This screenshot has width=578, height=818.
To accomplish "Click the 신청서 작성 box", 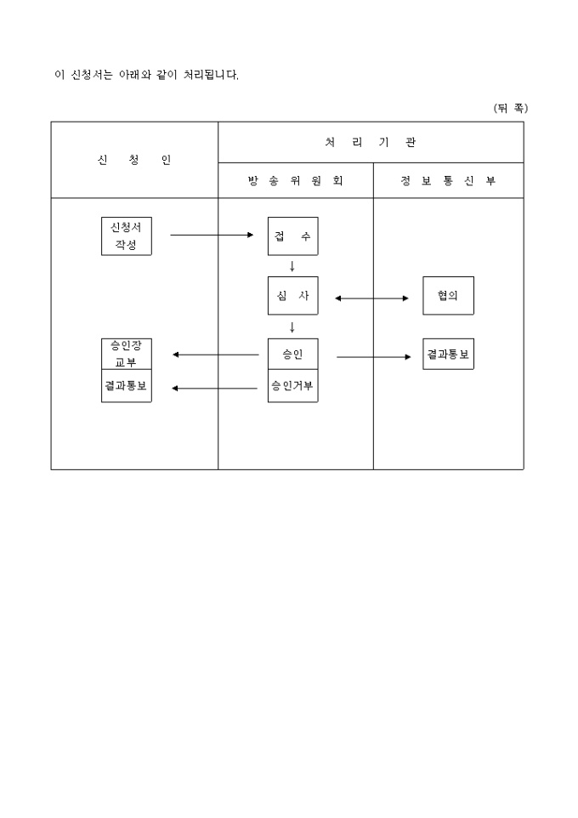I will pyautogui.click(x=126, y=236).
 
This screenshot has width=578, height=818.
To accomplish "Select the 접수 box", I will pyautogui.click(x=292, y=236).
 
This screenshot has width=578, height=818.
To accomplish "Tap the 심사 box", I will pyautogui.click(x=292, y=296).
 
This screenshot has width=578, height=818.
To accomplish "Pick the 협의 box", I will pyautogui.click(x=448, y=296).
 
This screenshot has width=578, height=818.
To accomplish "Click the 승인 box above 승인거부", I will pyautogui.click(x=292, y=355).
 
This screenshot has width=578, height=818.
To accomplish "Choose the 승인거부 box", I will pyautogui.click(x=292, y=386).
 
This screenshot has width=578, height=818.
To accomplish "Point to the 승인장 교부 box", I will pyautogui.click(x=126, y=354).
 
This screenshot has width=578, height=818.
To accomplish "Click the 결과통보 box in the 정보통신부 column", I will pyautogui.click(x=448, y=354).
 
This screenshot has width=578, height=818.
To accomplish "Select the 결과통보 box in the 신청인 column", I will pyautogui.click(x=126, y=386).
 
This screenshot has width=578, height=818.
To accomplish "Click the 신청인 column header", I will pyautogui.click(x=134, y=160).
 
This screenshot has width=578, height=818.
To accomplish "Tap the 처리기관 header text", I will pyautogui.click(x=371, y=142).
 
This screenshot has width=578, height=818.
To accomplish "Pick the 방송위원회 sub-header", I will pyautogui.click(x=295, y=181).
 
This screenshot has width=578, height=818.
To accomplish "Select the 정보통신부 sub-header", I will pyautogui.click(x=448, y=181).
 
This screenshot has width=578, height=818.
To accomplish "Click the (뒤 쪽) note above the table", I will pyautogui.click(x=510, y=108).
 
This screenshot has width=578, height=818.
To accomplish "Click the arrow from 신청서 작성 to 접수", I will pyautogui.click(x=212, y=235).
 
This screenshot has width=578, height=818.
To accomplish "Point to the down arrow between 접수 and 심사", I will pyautogui.click(x=292, y=266).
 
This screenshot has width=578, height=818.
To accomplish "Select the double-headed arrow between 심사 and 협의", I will pyautogui.click(x=371, y=298).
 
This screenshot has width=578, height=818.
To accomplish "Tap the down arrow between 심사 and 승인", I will pyautogui.click(x=292, y=327).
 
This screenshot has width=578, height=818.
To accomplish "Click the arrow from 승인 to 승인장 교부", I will pyautogui.click(x=215, y=355).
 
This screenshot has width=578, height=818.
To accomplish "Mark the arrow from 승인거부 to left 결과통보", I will pyautogui.click(x=215, y=389).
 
